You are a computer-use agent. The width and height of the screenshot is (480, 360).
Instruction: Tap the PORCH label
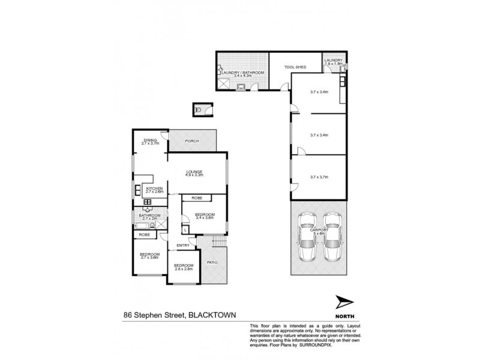192,142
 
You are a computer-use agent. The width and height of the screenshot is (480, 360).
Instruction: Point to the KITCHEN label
155,189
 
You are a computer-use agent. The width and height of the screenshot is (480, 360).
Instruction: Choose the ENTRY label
184,245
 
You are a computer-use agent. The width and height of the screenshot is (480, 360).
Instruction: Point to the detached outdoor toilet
200,109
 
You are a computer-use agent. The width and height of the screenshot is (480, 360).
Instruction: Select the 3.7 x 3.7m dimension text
319,177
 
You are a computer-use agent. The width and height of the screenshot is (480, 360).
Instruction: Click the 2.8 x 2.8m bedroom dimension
184,269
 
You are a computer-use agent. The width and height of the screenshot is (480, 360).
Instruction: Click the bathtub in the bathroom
142,225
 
